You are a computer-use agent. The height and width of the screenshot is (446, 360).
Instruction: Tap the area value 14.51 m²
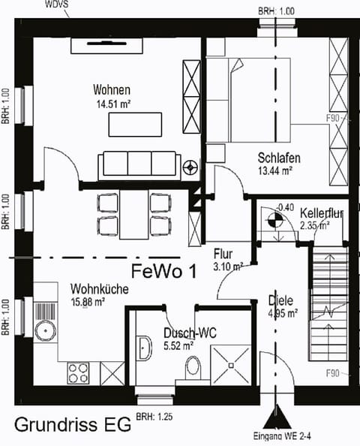click(x=112, y=104)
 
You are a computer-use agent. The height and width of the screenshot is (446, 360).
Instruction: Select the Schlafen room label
click(x=279, y=159)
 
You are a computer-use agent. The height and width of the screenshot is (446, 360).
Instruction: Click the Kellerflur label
click(x=321, y=213)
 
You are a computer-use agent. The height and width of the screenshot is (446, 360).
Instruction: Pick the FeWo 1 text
click(x=163, y=271)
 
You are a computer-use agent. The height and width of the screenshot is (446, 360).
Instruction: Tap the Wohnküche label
click(x=99, y=288)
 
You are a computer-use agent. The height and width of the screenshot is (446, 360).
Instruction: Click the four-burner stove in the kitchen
click(x=79, y=372)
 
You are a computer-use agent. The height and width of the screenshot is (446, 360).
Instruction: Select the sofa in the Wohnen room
click(x=139, y=163)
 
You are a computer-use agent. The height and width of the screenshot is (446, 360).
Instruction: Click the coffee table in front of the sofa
click(x=136, y=124)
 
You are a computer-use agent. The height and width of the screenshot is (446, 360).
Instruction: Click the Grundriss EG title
click(x=70, y=425)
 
